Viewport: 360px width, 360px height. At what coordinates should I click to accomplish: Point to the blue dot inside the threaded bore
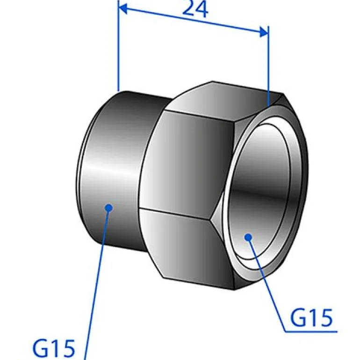[248, 237]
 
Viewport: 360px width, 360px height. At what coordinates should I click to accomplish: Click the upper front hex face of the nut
[187, 159]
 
